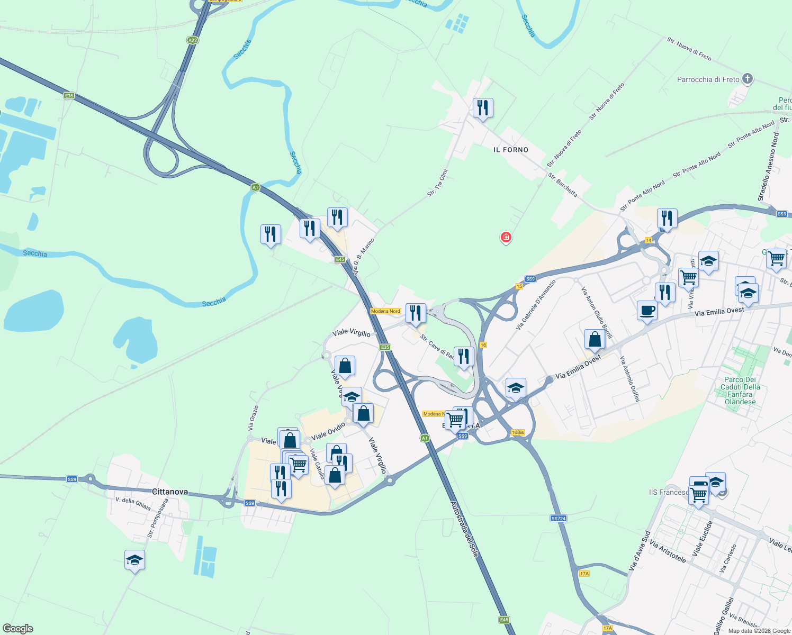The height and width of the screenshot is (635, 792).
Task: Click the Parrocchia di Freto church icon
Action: coord(747,79)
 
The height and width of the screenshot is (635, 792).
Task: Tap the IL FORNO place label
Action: coord(510,150)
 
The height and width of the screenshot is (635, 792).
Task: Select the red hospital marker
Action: coord(506,237)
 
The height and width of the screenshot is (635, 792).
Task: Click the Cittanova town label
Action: coord(169,492)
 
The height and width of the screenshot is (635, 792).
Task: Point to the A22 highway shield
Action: coord(192,40)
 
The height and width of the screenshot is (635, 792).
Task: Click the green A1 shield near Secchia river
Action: coord(255,187)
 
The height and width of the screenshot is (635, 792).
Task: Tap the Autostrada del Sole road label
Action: coord(464,529)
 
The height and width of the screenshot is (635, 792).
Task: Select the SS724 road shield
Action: coord(559,519)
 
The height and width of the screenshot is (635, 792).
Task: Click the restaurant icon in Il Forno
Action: coord(482,108)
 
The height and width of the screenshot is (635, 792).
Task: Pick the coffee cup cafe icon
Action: coord(647,310)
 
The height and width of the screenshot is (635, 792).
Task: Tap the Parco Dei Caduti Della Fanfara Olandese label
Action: coord(740,391)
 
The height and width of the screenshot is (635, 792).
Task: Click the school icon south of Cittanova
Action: coord(134,560)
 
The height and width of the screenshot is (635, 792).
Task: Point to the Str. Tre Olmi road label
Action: coord(437,183)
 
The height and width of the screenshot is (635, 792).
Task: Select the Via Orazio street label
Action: coord(254,417)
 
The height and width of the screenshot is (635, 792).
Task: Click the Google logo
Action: coord(17,629)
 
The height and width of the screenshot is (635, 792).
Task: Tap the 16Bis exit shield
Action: coord(518,432)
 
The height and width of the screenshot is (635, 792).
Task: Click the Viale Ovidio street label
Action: coord(328,431)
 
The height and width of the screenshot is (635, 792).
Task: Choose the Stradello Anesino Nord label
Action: coord(768,167)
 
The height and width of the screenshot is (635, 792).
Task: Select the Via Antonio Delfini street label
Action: coord(630,378)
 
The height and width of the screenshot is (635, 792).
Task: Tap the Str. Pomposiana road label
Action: coord(158,518)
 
